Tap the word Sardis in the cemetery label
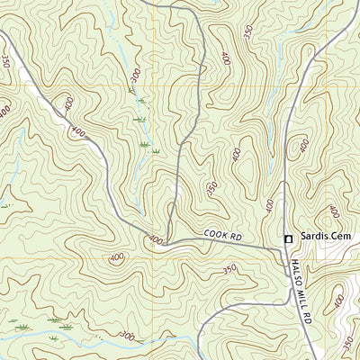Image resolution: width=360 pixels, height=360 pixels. coord(315,238)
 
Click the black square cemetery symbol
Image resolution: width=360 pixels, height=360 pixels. coord(289,238)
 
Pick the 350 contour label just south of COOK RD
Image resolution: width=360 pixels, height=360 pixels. coord(229,268)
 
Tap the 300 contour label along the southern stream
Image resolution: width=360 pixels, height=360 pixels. coord(127,336)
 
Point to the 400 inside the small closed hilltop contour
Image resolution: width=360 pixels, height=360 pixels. coord(117,258)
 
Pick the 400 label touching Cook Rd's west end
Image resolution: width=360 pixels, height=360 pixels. coord(155,240)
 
